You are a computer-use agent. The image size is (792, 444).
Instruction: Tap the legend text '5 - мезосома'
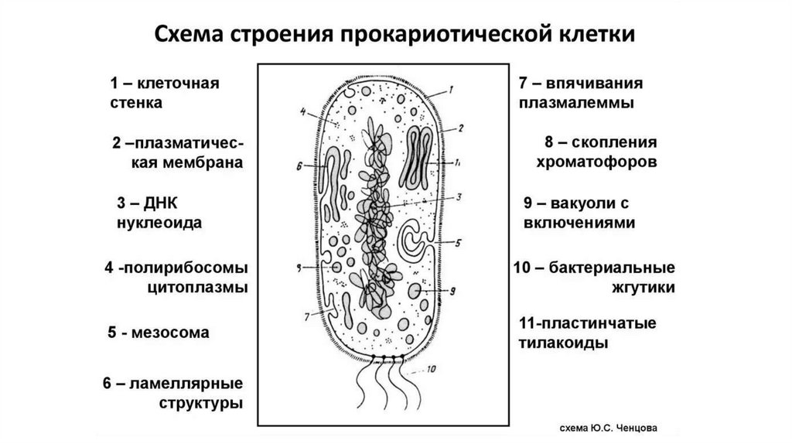159,333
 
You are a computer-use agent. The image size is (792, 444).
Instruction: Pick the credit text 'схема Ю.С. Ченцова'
615,427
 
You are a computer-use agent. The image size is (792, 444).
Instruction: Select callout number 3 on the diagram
459,196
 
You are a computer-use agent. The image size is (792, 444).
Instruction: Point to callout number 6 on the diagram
299,166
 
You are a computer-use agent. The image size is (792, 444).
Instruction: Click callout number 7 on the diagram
308,316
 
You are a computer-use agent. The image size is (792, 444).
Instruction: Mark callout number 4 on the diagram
302,110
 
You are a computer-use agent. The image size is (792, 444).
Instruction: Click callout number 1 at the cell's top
449,91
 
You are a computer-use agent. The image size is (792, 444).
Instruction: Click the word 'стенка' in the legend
136,101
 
